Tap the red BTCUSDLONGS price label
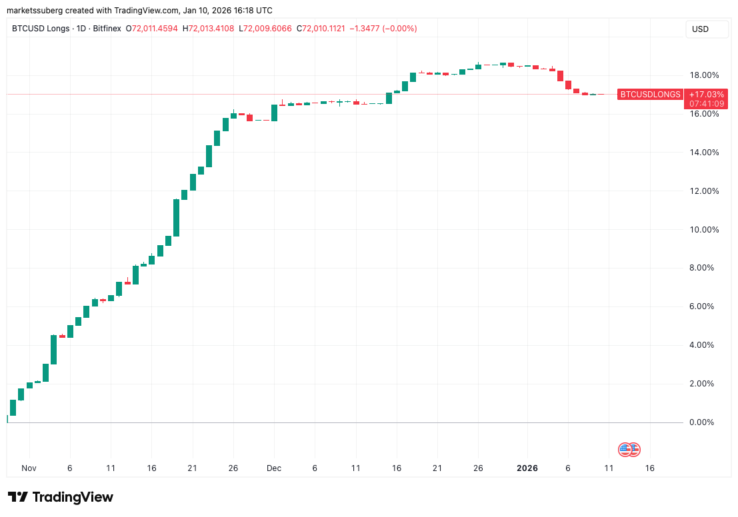(650, 95)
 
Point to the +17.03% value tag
(705, 95)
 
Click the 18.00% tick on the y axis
(705, 75)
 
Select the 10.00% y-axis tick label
(705, 230)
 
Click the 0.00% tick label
(707, 422)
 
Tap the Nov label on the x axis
(29, 468)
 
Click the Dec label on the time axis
(274, 468)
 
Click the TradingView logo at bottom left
(60, 497)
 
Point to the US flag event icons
(629, 449)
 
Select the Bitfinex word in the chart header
(105, 29)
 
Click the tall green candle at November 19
(177, 218)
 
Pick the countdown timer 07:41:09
(705, 104)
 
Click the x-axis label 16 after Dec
(397, 468)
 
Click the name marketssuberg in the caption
(35, 11)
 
